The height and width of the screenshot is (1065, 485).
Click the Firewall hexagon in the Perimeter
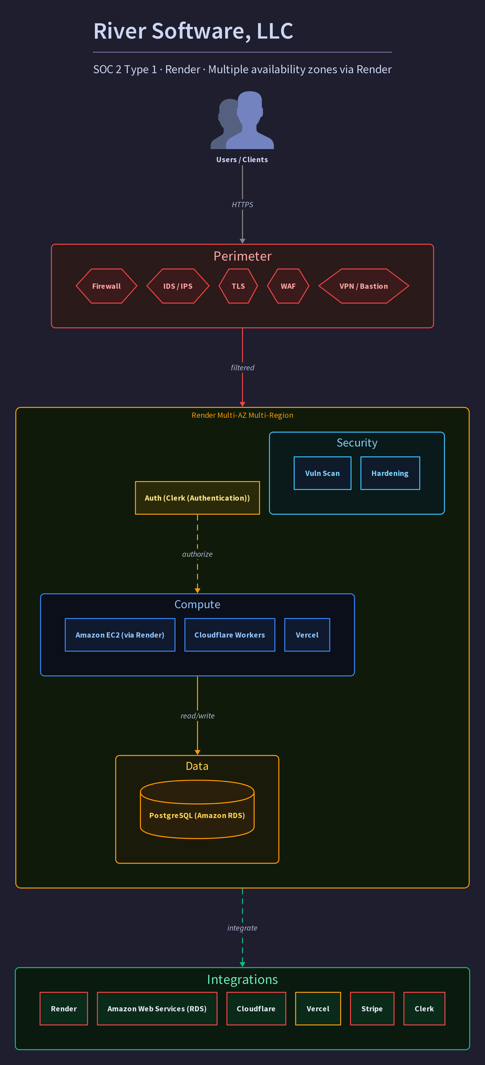[x=106, y=286]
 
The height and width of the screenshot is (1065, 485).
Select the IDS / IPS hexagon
[x=178, y=286]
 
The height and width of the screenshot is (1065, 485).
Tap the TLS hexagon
[x=238, y=286]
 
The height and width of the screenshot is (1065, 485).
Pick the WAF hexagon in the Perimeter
[x=288, y=286]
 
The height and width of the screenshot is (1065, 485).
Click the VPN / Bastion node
[x=364, y=286]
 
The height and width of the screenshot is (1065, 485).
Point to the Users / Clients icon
[x=242, y=120]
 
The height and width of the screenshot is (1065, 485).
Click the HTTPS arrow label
[x=242, y=205]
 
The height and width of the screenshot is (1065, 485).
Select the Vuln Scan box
[x=323, y=473]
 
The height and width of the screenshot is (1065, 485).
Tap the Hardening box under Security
[x=390, y=473]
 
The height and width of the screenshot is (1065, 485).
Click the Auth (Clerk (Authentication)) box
[x=197, y=498]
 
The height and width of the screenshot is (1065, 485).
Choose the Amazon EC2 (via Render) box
[x=120, y=635]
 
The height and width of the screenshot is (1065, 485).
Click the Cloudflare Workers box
[x=230, y=635]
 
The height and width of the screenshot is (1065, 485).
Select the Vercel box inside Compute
[x=307, y=635]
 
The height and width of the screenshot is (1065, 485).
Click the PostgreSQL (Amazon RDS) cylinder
[x=197, y=809]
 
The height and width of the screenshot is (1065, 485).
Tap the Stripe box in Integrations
[x=372, y=1009]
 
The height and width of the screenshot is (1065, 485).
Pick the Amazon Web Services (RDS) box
[x=157, y=1009]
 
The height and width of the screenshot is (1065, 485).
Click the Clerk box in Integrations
[x=424, y=1009]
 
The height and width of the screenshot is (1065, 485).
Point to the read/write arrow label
[x=198, y=716]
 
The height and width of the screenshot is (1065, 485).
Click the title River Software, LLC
[x=193, y=31]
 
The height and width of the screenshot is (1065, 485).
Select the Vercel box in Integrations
[x=318, y=1009]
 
